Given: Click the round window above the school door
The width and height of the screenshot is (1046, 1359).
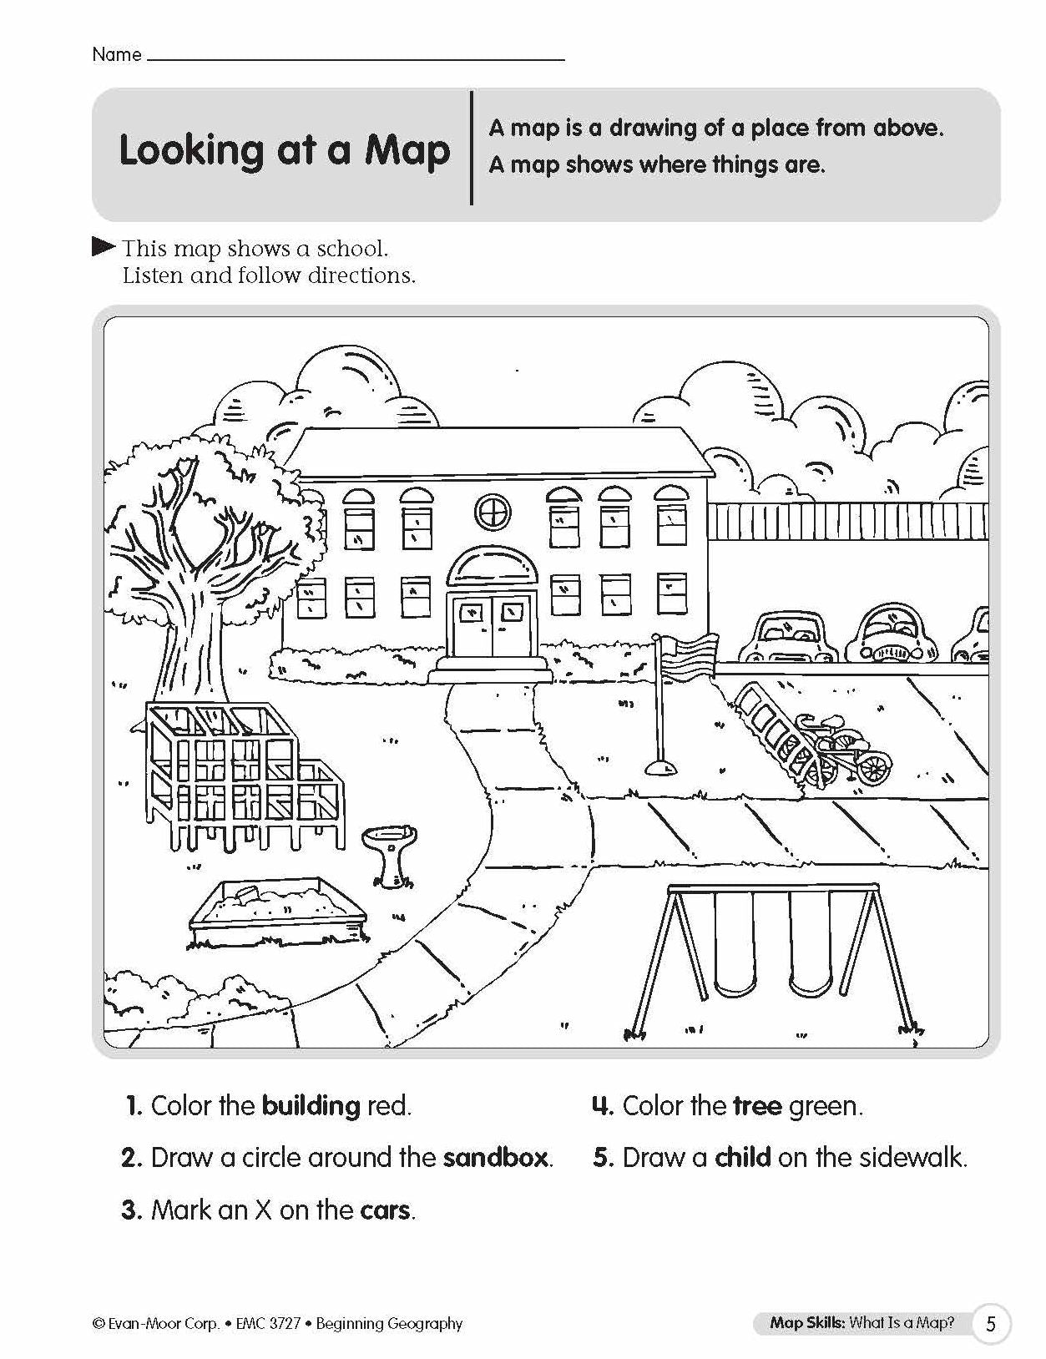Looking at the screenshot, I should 493,510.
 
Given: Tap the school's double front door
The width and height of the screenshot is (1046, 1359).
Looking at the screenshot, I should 492,625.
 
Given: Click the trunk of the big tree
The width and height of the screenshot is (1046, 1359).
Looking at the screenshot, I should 201,634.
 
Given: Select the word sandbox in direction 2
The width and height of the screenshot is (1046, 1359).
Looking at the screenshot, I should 496,1158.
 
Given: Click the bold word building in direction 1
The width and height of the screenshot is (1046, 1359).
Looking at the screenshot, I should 311,1106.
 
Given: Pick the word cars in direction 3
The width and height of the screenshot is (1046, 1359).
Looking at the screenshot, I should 386,1210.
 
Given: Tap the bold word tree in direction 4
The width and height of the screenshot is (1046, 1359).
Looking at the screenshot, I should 757,1106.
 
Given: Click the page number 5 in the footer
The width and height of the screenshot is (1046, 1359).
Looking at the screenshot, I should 991,1324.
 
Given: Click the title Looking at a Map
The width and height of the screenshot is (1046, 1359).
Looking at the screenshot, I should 284,151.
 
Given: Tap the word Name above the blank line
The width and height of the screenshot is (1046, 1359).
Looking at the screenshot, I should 116,55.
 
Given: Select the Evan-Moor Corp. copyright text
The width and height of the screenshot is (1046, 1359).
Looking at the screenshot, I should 157,1324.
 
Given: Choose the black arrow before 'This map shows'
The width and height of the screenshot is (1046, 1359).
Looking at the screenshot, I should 104,246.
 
